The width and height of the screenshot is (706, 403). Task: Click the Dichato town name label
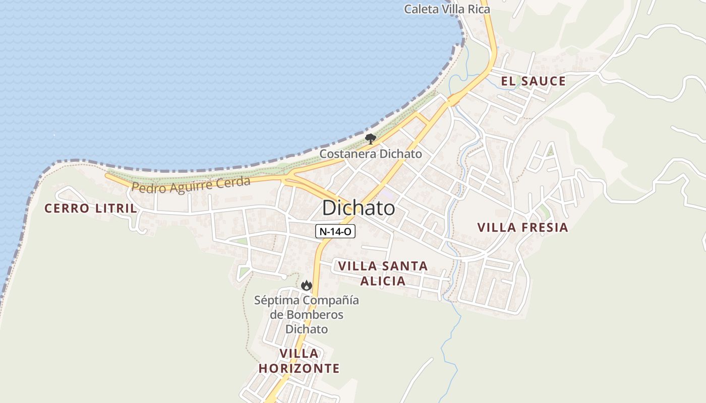pos(358,208)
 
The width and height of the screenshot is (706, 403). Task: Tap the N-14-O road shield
pos(335,232)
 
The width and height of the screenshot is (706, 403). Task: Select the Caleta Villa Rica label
pos(447,9)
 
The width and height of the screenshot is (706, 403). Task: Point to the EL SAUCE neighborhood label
pos(533,81)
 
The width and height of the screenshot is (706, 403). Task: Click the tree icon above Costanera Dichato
pos(371,139)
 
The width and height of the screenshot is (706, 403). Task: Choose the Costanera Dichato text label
pos(371,154)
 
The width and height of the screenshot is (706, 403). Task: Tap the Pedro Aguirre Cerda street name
pos(191,184)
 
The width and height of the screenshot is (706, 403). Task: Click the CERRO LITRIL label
pos(90,208)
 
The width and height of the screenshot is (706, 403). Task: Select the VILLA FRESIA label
pos(522,227)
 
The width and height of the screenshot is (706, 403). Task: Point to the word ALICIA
pos(383,281)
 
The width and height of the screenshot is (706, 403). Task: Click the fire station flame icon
pos(306,286)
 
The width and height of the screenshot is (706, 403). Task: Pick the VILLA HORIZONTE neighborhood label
pos(299,361)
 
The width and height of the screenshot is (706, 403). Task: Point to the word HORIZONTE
pos(299,368)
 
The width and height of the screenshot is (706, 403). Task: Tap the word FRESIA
pos(544,227)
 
